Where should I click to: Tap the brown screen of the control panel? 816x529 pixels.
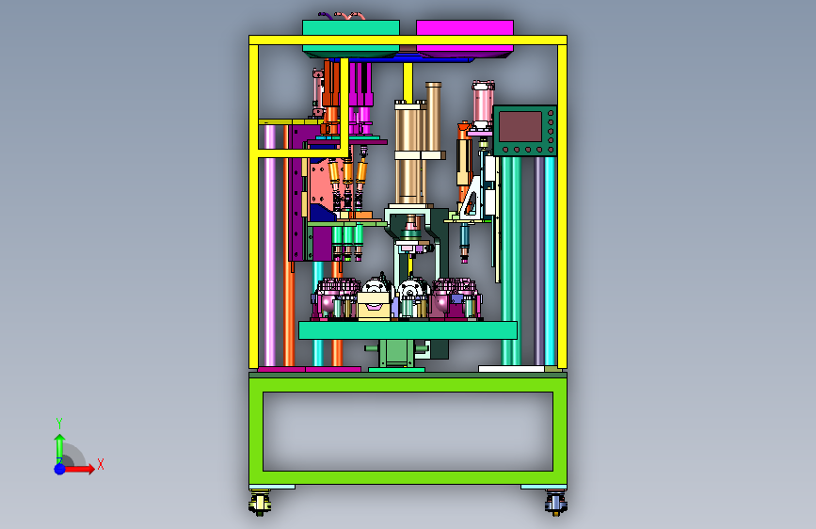[x=520, y=126]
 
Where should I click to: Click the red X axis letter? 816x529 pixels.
[x=101, y=464]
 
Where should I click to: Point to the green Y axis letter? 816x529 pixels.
[x=59, y=423]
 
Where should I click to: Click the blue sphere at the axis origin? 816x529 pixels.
[x=60, y=469]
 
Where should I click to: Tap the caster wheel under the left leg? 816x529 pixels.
[x=260, y=504]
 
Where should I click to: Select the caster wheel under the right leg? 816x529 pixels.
[x=556, y=504]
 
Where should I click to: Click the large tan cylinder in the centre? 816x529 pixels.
[x=408, y=153]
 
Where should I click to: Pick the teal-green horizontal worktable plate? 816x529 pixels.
[x=408, y=330]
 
